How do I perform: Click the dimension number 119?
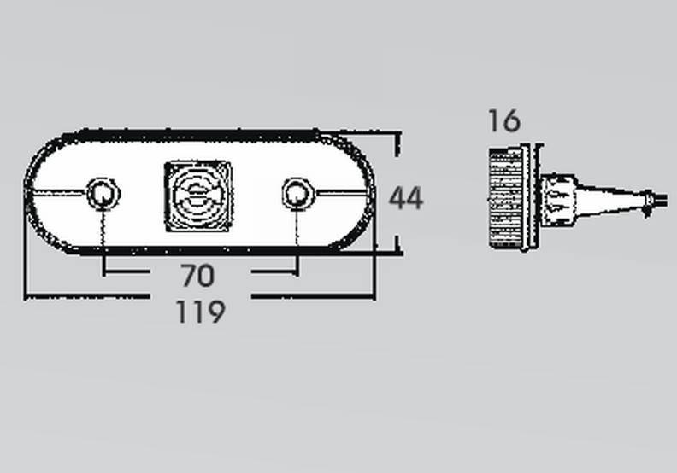(201, 312)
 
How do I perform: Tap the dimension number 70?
(197, 276)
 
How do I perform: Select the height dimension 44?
(406, 198)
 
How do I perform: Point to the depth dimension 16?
(504, 120)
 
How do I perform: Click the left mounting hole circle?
(103, 194)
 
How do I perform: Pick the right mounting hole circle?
(297, 194)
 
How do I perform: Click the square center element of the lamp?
(198, 196)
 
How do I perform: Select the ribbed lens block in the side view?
(506, 198)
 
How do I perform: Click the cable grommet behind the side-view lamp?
(558, 199)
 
